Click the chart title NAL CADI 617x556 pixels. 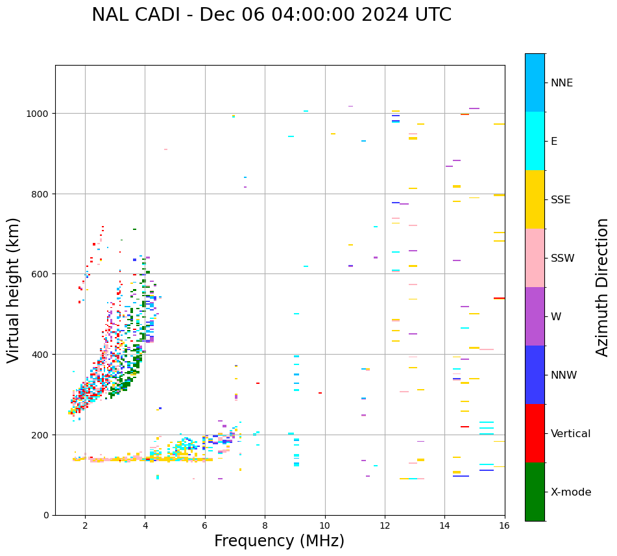click(x=271, y=15)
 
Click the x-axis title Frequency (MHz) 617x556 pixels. click(x=279, y=541)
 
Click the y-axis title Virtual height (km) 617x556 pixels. click(x=14, y=290)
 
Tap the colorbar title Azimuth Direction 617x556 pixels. click(x=603, y=287)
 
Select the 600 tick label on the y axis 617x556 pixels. click(x=41, y=274)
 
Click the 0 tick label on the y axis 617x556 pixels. click(x=45, y=515)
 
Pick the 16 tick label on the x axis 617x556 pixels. click(x=504, y=526)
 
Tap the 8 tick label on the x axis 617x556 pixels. click(x=265, y=526)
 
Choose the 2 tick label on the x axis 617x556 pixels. click(x=85, y=526)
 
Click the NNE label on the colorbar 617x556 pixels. click(x=562, y=83)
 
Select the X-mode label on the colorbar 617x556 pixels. click(x=571, y=492)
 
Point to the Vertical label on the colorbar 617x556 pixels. click(x=570, y=434)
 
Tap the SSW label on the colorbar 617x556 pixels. click(x=563, y=259)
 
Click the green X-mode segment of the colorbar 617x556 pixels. click(x=535, y=492)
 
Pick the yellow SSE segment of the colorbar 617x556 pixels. click(x=535, y=199)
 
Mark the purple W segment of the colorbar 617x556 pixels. click(x=535, y=316)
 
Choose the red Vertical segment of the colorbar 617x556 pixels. click(x=535, y=433)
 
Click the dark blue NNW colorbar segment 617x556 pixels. click(x=535, y=375)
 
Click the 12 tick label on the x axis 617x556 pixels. click(x=385, y=526)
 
